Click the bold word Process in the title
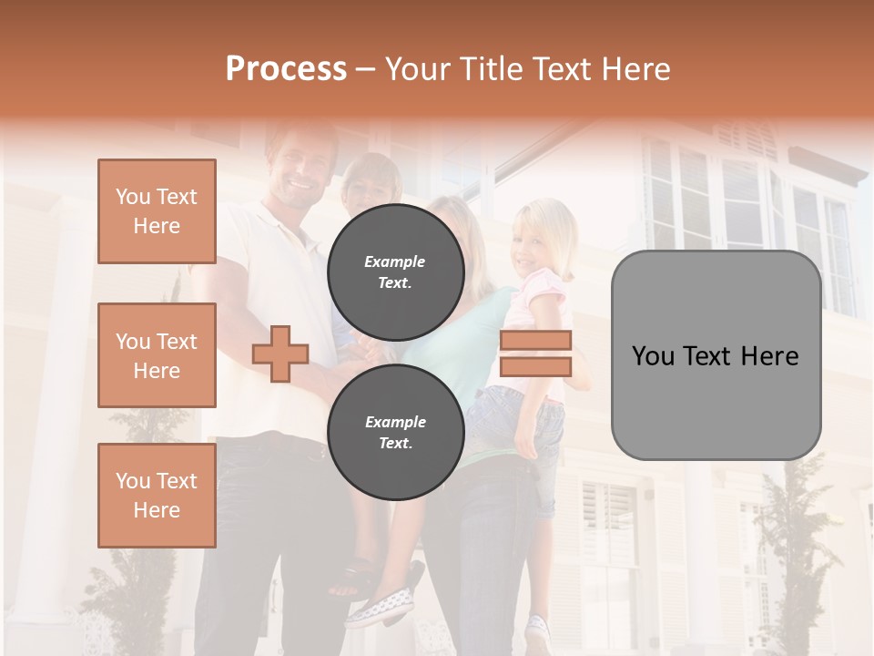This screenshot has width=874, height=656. tap(286, 69)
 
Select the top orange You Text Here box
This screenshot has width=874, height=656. tap(157, 211)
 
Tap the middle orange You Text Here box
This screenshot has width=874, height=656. tap(157, 355)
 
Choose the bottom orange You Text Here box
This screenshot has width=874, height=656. tap(157, 496)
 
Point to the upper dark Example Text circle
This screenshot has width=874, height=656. tap(395, 272)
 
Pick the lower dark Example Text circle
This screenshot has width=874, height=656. tap(395, 432)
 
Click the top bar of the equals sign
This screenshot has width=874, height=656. tap(535, 341)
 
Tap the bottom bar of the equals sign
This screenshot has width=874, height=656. tap(535, 366)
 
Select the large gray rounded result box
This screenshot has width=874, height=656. tap(716, 355)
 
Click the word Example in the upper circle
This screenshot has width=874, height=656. tap(394, 261)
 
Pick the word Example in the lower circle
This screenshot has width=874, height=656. tap(395, 422)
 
